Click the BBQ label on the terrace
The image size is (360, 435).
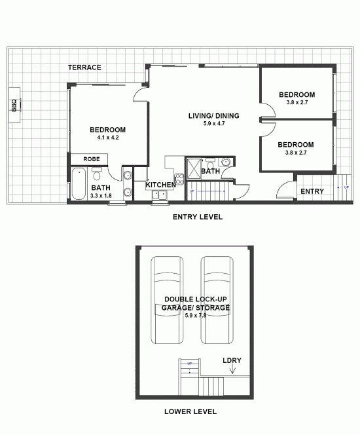14,105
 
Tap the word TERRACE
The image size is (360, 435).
85,67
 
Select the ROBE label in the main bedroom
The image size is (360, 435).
92,159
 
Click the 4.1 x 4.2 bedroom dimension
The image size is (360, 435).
107,138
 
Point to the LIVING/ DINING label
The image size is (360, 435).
213,116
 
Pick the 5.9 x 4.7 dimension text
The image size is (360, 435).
213,124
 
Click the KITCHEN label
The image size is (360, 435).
160,185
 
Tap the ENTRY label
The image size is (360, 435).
312,191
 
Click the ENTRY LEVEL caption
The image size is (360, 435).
197,217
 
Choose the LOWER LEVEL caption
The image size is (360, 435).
190,412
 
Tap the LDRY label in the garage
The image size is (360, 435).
232,361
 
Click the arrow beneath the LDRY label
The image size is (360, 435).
232,370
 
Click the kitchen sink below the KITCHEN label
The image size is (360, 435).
159,195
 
